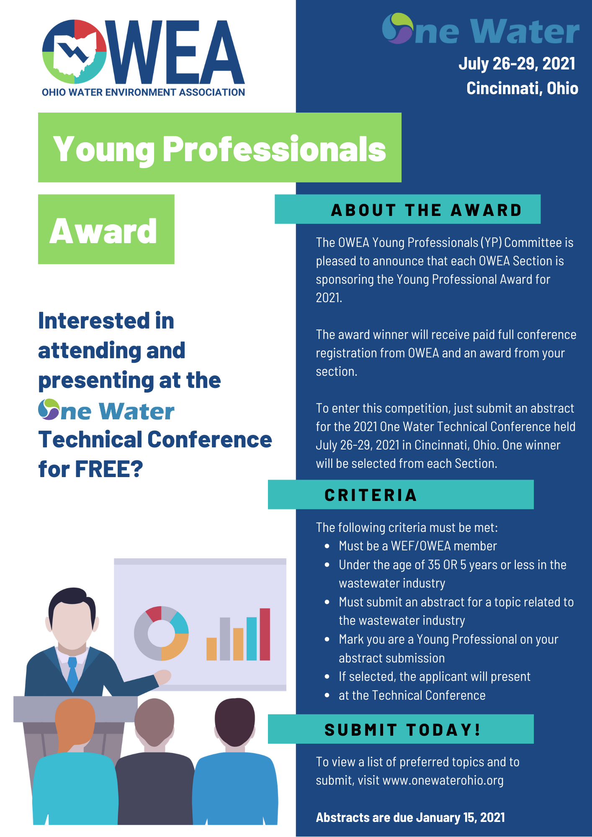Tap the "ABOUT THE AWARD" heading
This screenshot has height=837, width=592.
pos(426,210)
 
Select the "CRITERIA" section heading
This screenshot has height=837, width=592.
pos(371,495)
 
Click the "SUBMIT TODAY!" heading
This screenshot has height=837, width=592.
pos(403,730)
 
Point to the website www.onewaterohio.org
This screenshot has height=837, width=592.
pos(443,781)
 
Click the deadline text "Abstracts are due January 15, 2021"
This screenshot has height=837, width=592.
pos(410,817)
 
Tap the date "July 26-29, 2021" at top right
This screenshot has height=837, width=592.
pos(517,64)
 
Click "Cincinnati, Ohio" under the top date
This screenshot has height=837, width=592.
pos(522,88)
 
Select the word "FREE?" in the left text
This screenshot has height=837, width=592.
pos(109,469)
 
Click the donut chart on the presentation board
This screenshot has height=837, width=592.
pos(161,633)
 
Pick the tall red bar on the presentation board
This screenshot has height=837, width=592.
pos(265,634)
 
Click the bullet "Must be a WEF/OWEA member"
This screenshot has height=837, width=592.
pos(417,546)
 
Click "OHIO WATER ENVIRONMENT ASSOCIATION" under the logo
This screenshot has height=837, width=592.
pos(143,92)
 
